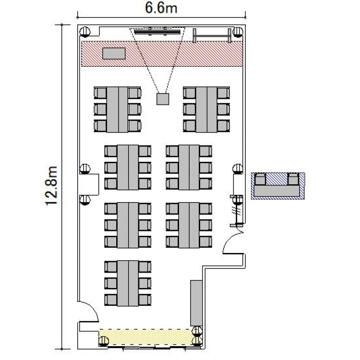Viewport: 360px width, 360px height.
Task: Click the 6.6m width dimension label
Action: click(161, 8)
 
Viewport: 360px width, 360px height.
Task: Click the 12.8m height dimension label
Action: click(51, 185)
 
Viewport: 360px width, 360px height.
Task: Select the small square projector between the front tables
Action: click(163, 99)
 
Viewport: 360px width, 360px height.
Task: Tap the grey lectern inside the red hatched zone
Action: click(114, 53)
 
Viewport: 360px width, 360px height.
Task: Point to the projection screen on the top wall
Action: click(157, 32)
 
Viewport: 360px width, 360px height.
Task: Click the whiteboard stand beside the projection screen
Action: click(212, 36)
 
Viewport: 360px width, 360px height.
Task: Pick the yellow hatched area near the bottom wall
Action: click(145, 337)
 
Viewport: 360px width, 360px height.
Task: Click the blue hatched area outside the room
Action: click(278, 186)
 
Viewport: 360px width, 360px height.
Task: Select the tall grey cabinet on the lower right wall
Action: click(196, 303)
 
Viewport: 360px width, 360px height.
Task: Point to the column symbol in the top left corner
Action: click(85, 32)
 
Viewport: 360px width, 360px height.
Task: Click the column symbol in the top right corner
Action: click(238, 32)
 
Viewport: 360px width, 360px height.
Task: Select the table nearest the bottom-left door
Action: click(128, 283)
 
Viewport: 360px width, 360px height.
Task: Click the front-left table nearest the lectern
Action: click(117, 109)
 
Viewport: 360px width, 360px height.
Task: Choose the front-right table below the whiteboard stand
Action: click(206, 109)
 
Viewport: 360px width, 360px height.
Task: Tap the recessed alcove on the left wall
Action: click(89, 184)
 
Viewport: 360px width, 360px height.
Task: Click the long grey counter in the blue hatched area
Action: click(276, 191)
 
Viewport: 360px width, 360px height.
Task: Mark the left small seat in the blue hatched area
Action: click(260, 180)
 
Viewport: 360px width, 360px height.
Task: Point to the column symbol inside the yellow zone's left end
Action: click(104, 341)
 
